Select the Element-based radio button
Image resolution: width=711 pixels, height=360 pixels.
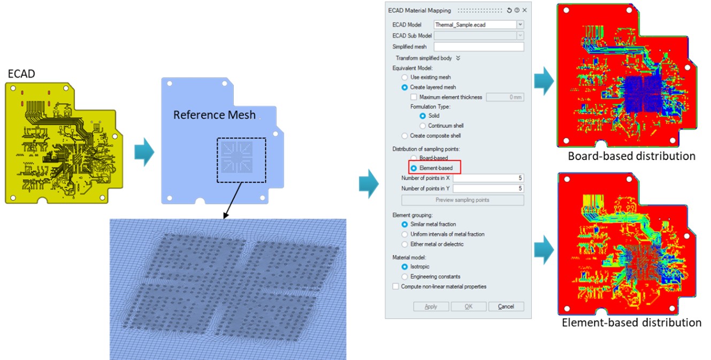(414, 168)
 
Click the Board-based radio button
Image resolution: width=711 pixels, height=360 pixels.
(414, 158)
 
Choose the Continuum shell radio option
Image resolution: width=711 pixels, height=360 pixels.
(423, 126)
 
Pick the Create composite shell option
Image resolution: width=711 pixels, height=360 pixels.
(404, 136)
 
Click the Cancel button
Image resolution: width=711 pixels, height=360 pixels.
(506, 307)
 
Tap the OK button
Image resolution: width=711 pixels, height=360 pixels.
(469, 307)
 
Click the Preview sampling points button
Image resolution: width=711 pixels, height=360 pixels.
(462, 200)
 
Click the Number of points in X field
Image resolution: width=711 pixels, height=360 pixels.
(488, 178)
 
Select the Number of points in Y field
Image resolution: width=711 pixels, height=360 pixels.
(488, 189)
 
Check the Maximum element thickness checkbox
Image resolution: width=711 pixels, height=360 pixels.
(414, 97)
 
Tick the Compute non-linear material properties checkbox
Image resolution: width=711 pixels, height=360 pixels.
(395, 286)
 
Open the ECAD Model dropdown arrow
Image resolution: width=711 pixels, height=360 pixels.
(520, 25)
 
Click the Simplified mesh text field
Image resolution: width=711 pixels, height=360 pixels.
(479, 47)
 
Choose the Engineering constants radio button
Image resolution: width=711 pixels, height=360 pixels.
(404, 277)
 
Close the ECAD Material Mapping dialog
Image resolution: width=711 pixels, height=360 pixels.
(525, 10)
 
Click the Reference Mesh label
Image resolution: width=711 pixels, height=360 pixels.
(214, 115)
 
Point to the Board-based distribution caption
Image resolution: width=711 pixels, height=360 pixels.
(631, 156)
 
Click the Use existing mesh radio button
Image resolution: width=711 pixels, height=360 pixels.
(404, 77)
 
